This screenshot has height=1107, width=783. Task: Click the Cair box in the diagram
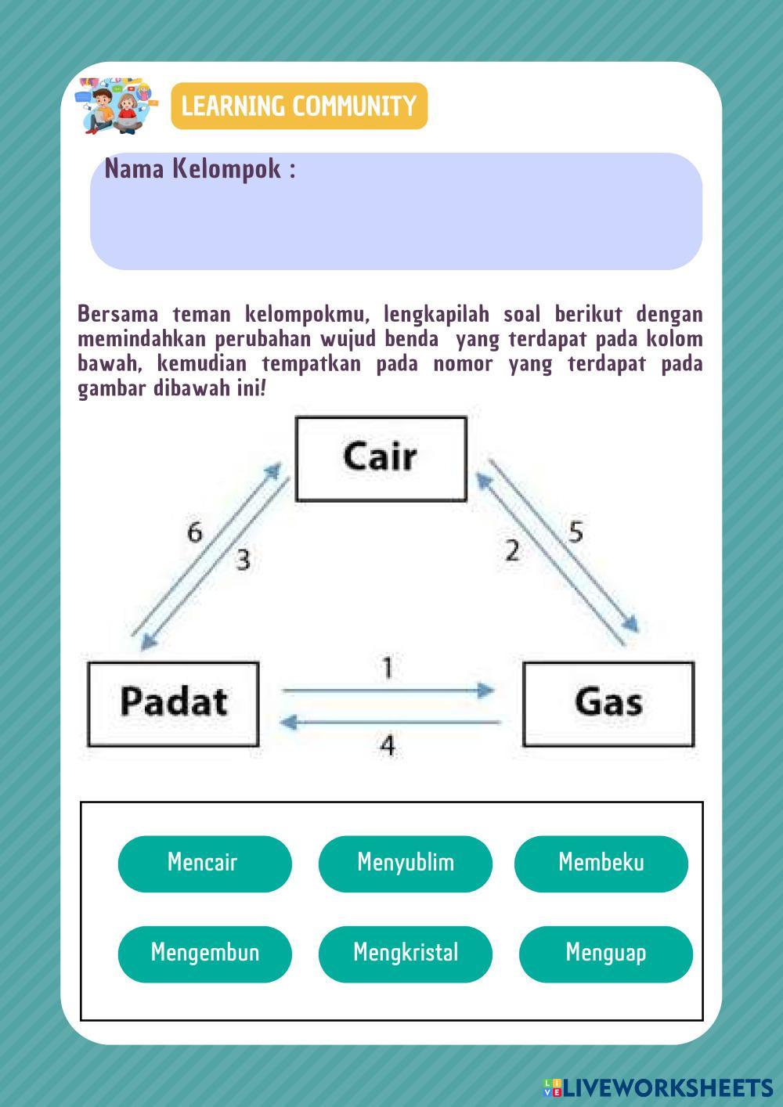pyautogui.click(x=381, y=459)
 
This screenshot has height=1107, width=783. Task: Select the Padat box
pyautogui.click(x=173, y=703)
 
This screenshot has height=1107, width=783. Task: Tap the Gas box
pyautogui.click(x=608, y=703)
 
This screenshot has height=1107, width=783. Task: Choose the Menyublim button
pyautogui.click(x=405, y=864)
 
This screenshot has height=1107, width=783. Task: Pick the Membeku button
pyautogui.click(x=601, y=864)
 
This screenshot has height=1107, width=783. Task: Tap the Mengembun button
pyautogui.click(x=204, y=954)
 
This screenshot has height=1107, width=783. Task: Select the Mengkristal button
pyautogui.click(x=405, y=954)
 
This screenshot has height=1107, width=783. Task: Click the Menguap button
pyautogui.click(x=605, y=954)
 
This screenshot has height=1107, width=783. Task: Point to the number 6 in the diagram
pyautogui.click(x=194, y=533)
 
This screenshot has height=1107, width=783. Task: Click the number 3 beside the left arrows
pyautogui.click(x=243, y=561)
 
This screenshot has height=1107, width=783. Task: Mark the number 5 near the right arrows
pyautogui.click(x=576, y=533)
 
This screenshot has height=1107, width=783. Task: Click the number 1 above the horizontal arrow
pyautogui.click(x=388, y=668)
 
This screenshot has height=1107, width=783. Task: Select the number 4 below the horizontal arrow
pyautogui.click(x=388, y=745)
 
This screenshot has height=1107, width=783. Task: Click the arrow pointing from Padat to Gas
pyautogui.click(x=388, y=691)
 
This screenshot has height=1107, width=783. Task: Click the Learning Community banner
pyautogui.click(x=299, y=106)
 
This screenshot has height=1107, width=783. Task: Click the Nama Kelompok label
pyautogui.click(x=200, y=169)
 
